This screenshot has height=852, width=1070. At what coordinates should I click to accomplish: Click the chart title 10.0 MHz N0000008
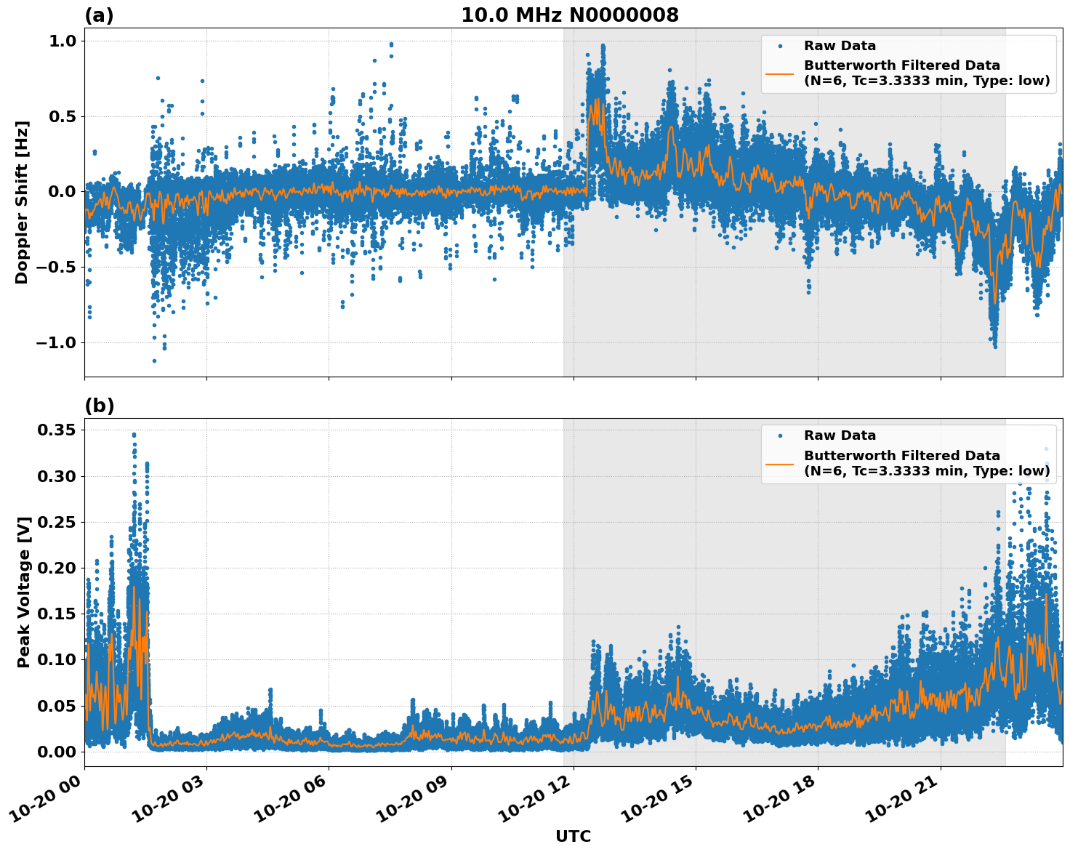click(569, 15)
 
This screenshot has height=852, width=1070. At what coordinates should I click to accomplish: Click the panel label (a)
click(99, 15)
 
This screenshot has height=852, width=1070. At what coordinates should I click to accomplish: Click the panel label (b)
click(99, 406)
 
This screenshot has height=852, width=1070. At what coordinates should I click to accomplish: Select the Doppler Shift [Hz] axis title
click(22, 202)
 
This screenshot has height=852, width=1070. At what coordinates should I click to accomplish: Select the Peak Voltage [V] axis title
click(24, 592)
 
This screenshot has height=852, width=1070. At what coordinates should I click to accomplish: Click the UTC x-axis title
click(573, 836)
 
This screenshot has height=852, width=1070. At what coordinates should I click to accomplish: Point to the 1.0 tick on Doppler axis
click(61, 41)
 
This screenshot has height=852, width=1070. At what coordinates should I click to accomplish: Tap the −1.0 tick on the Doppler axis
click(56, 342)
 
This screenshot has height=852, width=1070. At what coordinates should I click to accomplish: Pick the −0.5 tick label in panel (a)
click(56, 267)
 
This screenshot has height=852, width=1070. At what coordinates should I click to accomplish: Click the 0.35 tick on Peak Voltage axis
click(56, 430)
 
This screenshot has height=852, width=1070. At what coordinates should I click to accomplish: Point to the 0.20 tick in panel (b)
click(56, 568)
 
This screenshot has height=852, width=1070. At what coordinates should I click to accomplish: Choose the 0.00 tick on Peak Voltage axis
click(56, 752)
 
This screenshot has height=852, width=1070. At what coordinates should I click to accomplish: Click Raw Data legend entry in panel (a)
click(840, 46)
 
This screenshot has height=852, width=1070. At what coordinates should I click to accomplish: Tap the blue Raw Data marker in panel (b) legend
click(780, 436)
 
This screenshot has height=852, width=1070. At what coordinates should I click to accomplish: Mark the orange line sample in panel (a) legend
click(780, 73)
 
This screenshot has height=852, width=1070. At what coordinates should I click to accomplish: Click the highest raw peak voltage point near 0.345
click(134, 435)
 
